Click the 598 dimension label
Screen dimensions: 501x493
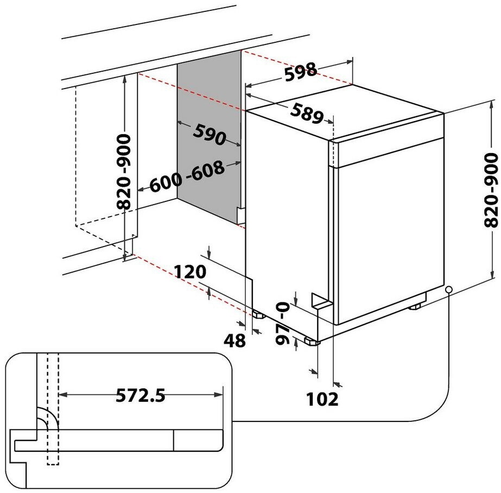click(x=301, y=72)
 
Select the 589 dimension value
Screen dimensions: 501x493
click(x=307, y=113)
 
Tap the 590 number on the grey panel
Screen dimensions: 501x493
click(x=210, y=135)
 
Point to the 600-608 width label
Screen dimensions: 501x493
click(x=187, y=176)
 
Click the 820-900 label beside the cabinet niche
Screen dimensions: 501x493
click(x=124, y=172)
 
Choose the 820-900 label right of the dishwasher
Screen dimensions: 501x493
click(x=491, y=190)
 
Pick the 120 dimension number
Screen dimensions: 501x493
click(x=190, y=272)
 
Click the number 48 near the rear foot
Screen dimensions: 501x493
click(x=234, y=340)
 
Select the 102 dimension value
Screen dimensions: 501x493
click(x=322, y=399)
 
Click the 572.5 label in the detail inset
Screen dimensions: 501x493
click(x=140, y=395)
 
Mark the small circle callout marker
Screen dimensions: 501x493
click(x=449, y=289)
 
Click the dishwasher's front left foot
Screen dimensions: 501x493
click(x=312, y=341)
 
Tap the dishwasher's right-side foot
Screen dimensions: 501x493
click(x=414, y=307)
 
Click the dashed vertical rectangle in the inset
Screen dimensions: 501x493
click(x=53, y=409)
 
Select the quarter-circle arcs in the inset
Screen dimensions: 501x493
click(x=48, y=419)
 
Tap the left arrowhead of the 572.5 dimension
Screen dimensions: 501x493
click(x=62, y=395)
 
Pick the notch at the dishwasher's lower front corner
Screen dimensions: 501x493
click(x=321, y=301)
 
